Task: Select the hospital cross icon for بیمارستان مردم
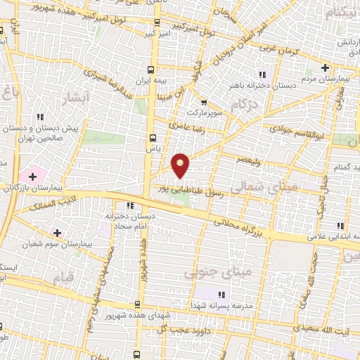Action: (x=325, y=67)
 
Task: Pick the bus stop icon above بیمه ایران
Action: (x=151, y=69)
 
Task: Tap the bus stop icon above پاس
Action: (x=153, y=139)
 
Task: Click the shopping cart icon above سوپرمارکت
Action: (x=204, y=102)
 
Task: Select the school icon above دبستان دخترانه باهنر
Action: (x=263, y=75)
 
